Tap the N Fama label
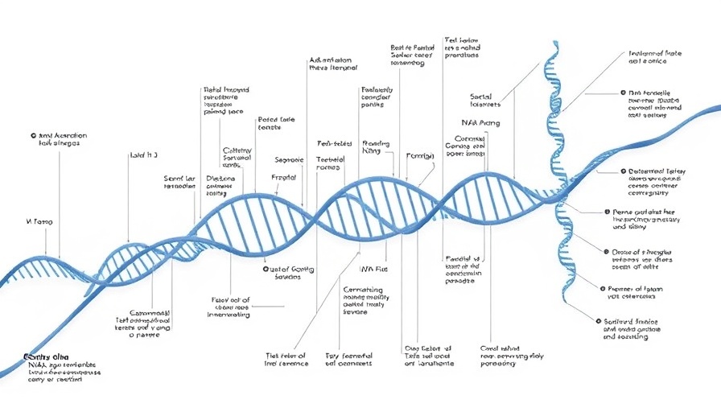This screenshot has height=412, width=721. [x=39, y=220]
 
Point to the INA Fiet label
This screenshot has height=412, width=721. [x=373, y=269]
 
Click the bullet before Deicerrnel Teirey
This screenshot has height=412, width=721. [x=622, y=172]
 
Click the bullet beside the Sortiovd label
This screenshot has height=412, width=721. [x=599, y=321]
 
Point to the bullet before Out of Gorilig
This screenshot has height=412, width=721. [x=266, y=269]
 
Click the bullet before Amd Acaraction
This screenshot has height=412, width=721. [x=31, y=136]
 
